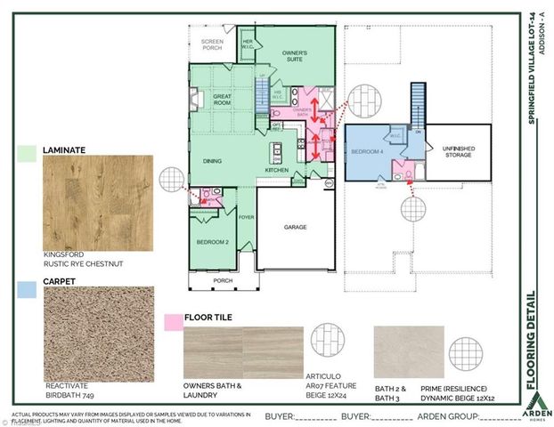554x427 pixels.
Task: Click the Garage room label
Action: (295, 227)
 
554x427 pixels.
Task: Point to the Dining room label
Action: (211, 161)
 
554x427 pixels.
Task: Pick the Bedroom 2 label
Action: (212, 241)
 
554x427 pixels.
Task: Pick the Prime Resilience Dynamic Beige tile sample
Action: (407, 353)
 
